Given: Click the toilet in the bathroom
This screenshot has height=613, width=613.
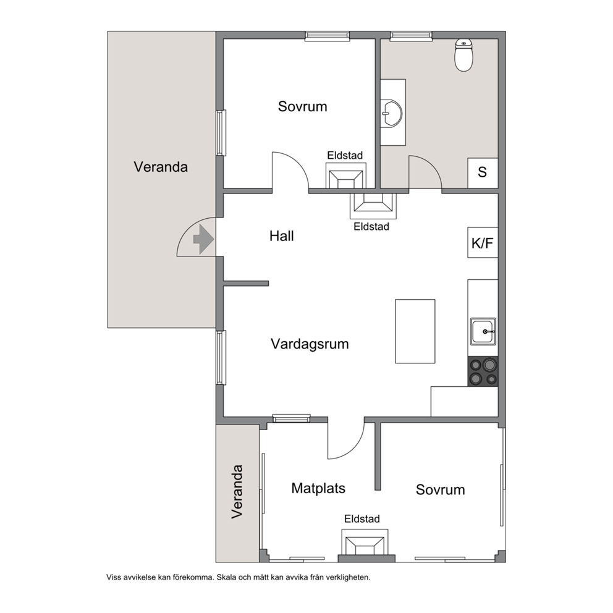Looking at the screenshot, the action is (463, 55).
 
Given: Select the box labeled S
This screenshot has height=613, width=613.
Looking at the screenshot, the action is (483, 173).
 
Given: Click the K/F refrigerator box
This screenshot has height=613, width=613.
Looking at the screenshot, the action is (483, 242).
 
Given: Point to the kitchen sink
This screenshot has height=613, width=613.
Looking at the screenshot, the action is (483, 331).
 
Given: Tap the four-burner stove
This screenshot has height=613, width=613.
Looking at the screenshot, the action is (483, 371).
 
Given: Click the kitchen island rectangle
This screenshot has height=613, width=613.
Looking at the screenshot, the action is (415, 331).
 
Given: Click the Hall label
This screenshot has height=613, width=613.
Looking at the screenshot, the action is (282, 236).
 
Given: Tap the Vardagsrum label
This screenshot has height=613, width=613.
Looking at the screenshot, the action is (310, 344).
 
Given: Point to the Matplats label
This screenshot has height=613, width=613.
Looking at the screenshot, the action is (318, 488).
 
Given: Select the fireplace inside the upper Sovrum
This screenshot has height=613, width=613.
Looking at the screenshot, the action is (346, 175).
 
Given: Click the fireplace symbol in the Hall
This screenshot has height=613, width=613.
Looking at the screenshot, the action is (373, 206).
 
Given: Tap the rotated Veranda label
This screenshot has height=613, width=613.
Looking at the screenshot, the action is (237, 492).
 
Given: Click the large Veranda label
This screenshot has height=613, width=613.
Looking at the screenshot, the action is (161, 167).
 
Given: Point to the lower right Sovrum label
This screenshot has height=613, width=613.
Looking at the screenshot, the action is (440, 490).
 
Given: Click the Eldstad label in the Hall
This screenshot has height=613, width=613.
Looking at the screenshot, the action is (371, 227).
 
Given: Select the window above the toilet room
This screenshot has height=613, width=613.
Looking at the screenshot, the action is (411, 36).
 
